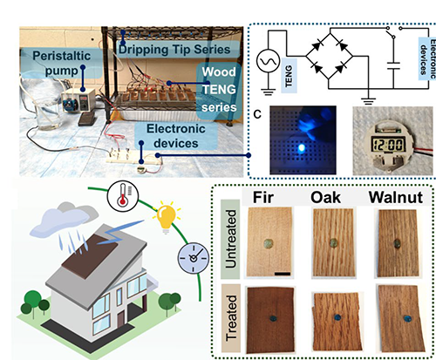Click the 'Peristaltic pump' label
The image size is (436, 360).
click(x=62, y=64)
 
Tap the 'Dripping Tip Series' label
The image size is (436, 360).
click(x=174, y=50)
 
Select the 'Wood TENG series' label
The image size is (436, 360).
click(x=219, y=90)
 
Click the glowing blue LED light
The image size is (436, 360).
click(x=302, y=148)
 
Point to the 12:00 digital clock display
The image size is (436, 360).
click(x=389, y=144)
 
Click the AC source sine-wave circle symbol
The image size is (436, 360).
click(x=268, y=61)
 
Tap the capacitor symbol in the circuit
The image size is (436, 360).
click(x=393, y=66)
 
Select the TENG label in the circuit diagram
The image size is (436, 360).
click(x=289, y=76)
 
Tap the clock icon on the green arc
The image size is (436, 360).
click(x=194, y=258)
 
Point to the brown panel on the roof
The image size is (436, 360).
click(x=90, y=256)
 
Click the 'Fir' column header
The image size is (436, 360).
click(x=263, y=197)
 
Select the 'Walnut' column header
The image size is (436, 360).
click(x=396, y=198)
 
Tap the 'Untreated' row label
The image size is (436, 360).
click(x=230, y=239)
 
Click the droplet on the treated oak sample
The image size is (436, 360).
click(x=337, y=317)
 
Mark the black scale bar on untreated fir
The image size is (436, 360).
click(x=283, y=274)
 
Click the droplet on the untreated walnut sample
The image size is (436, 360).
click(x=397, y=244)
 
